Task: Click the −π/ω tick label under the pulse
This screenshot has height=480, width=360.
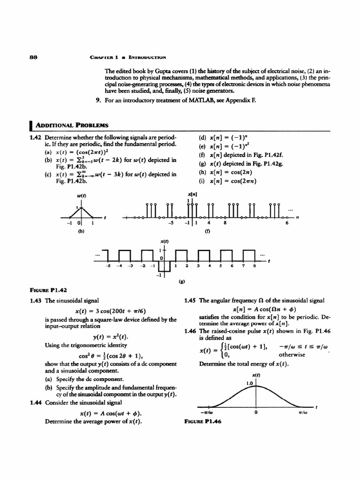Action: click(204, 412)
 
